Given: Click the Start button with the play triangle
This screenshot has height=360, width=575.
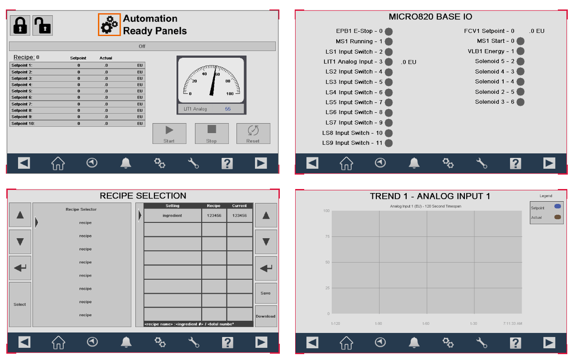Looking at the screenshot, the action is (x=169, y=134).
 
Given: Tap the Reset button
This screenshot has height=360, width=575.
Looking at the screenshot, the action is (x=253, y=134).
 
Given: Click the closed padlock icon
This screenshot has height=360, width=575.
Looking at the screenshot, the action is (x=20, y=25).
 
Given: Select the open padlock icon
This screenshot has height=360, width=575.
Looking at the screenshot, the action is (x=42, y=25).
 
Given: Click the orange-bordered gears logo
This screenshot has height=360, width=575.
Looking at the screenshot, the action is (x=109, y=25).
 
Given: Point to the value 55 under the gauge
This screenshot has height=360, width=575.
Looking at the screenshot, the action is (x=227, y=109).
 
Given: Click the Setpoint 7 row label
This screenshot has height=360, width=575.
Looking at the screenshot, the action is (x=22, y=104).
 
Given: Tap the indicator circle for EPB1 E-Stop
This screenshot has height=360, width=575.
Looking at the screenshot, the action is (x=389, y=31).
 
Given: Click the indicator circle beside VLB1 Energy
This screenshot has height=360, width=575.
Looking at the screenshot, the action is (x=520, y=51).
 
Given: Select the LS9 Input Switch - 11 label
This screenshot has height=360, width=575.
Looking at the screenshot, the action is (x=352, y=143).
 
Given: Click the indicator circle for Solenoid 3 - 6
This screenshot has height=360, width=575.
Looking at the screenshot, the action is (x=520, y=102).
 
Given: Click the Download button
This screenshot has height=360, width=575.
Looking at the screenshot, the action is (x=266, y=316).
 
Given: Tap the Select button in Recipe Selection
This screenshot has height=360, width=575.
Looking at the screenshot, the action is (x=20, y=305).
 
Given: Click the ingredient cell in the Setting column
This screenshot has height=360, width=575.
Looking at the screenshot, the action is (x=172, y=216).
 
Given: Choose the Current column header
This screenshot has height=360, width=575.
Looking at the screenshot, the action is (x=240, y=206).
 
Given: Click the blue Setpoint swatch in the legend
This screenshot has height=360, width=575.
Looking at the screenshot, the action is (x=557, y=206).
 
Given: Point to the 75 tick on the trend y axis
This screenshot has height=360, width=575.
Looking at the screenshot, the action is (x=327, y=236).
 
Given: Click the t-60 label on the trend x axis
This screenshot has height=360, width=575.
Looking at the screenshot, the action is (x=426, y=323).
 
